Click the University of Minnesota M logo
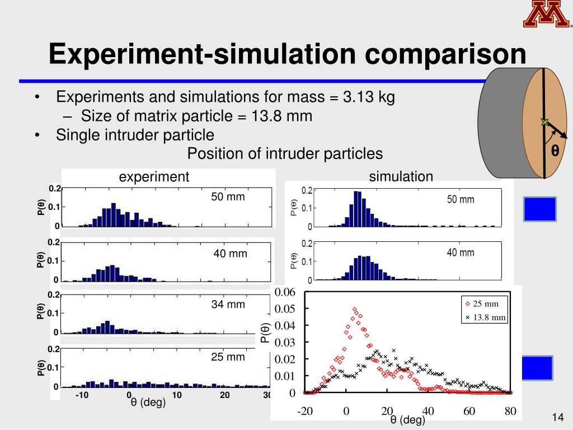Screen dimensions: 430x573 pyautogui.click(x=546, y=14)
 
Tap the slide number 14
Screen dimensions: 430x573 pyautogui.click(x=556, y=417)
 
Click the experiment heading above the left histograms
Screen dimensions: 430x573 pyautogui.click(x=154, y=177)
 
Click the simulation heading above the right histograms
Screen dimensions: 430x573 pyautogui.click(x=401, y=177)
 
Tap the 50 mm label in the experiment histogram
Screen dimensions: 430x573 pyautogui.click(x=228, y=197)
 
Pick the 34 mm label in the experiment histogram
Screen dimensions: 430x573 pyautogui.click(x=228, y=305)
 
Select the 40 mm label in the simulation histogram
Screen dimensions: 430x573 pyautogui.click(x=460, y=253)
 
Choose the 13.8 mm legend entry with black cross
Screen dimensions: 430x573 pyautogui.click(x=485, y=317)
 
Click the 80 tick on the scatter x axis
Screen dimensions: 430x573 pyautogui.click(x=510, y=412)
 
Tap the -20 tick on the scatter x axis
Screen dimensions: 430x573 pyautogui.click(x=305, y=412)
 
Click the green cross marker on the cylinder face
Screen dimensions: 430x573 pyautogui.click(x=544, y=122)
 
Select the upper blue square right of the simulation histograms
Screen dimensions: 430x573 pyautogui.click(x=540, y=209)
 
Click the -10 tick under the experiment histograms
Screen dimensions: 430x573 pyautogui.click(x=82, y=395)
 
